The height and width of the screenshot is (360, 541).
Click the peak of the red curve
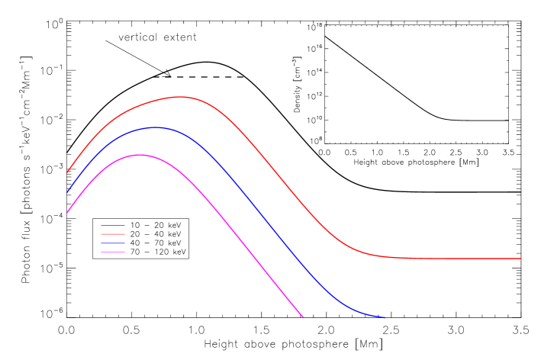[181, 97]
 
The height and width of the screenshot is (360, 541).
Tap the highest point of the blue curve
[156, 127]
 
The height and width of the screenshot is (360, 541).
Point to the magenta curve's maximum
[140, 155]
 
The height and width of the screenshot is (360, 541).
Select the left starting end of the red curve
[67, 172]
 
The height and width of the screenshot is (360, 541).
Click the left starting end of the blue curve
[67, 192]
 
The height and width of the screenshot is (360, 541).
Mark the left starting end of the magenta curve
[67, 213]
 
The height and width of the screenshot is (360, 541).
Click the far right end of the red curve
[520, 259]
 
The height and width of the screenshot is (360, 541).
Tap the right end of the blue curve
[385, 317]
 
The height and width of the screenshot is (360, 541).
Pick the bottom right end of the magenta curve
[303, 317]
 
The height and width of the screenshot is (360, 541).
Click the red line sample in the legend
[113, 234]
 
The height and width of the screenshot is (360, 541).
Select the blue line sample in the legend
[113, 243]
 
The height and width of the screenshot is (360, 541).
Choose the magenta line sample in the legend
[113, 252]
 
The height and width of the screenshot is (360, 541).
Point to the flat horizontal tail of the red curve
[458, 259]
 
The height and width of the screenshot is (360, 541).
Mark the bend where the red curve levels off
[359, 249]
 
